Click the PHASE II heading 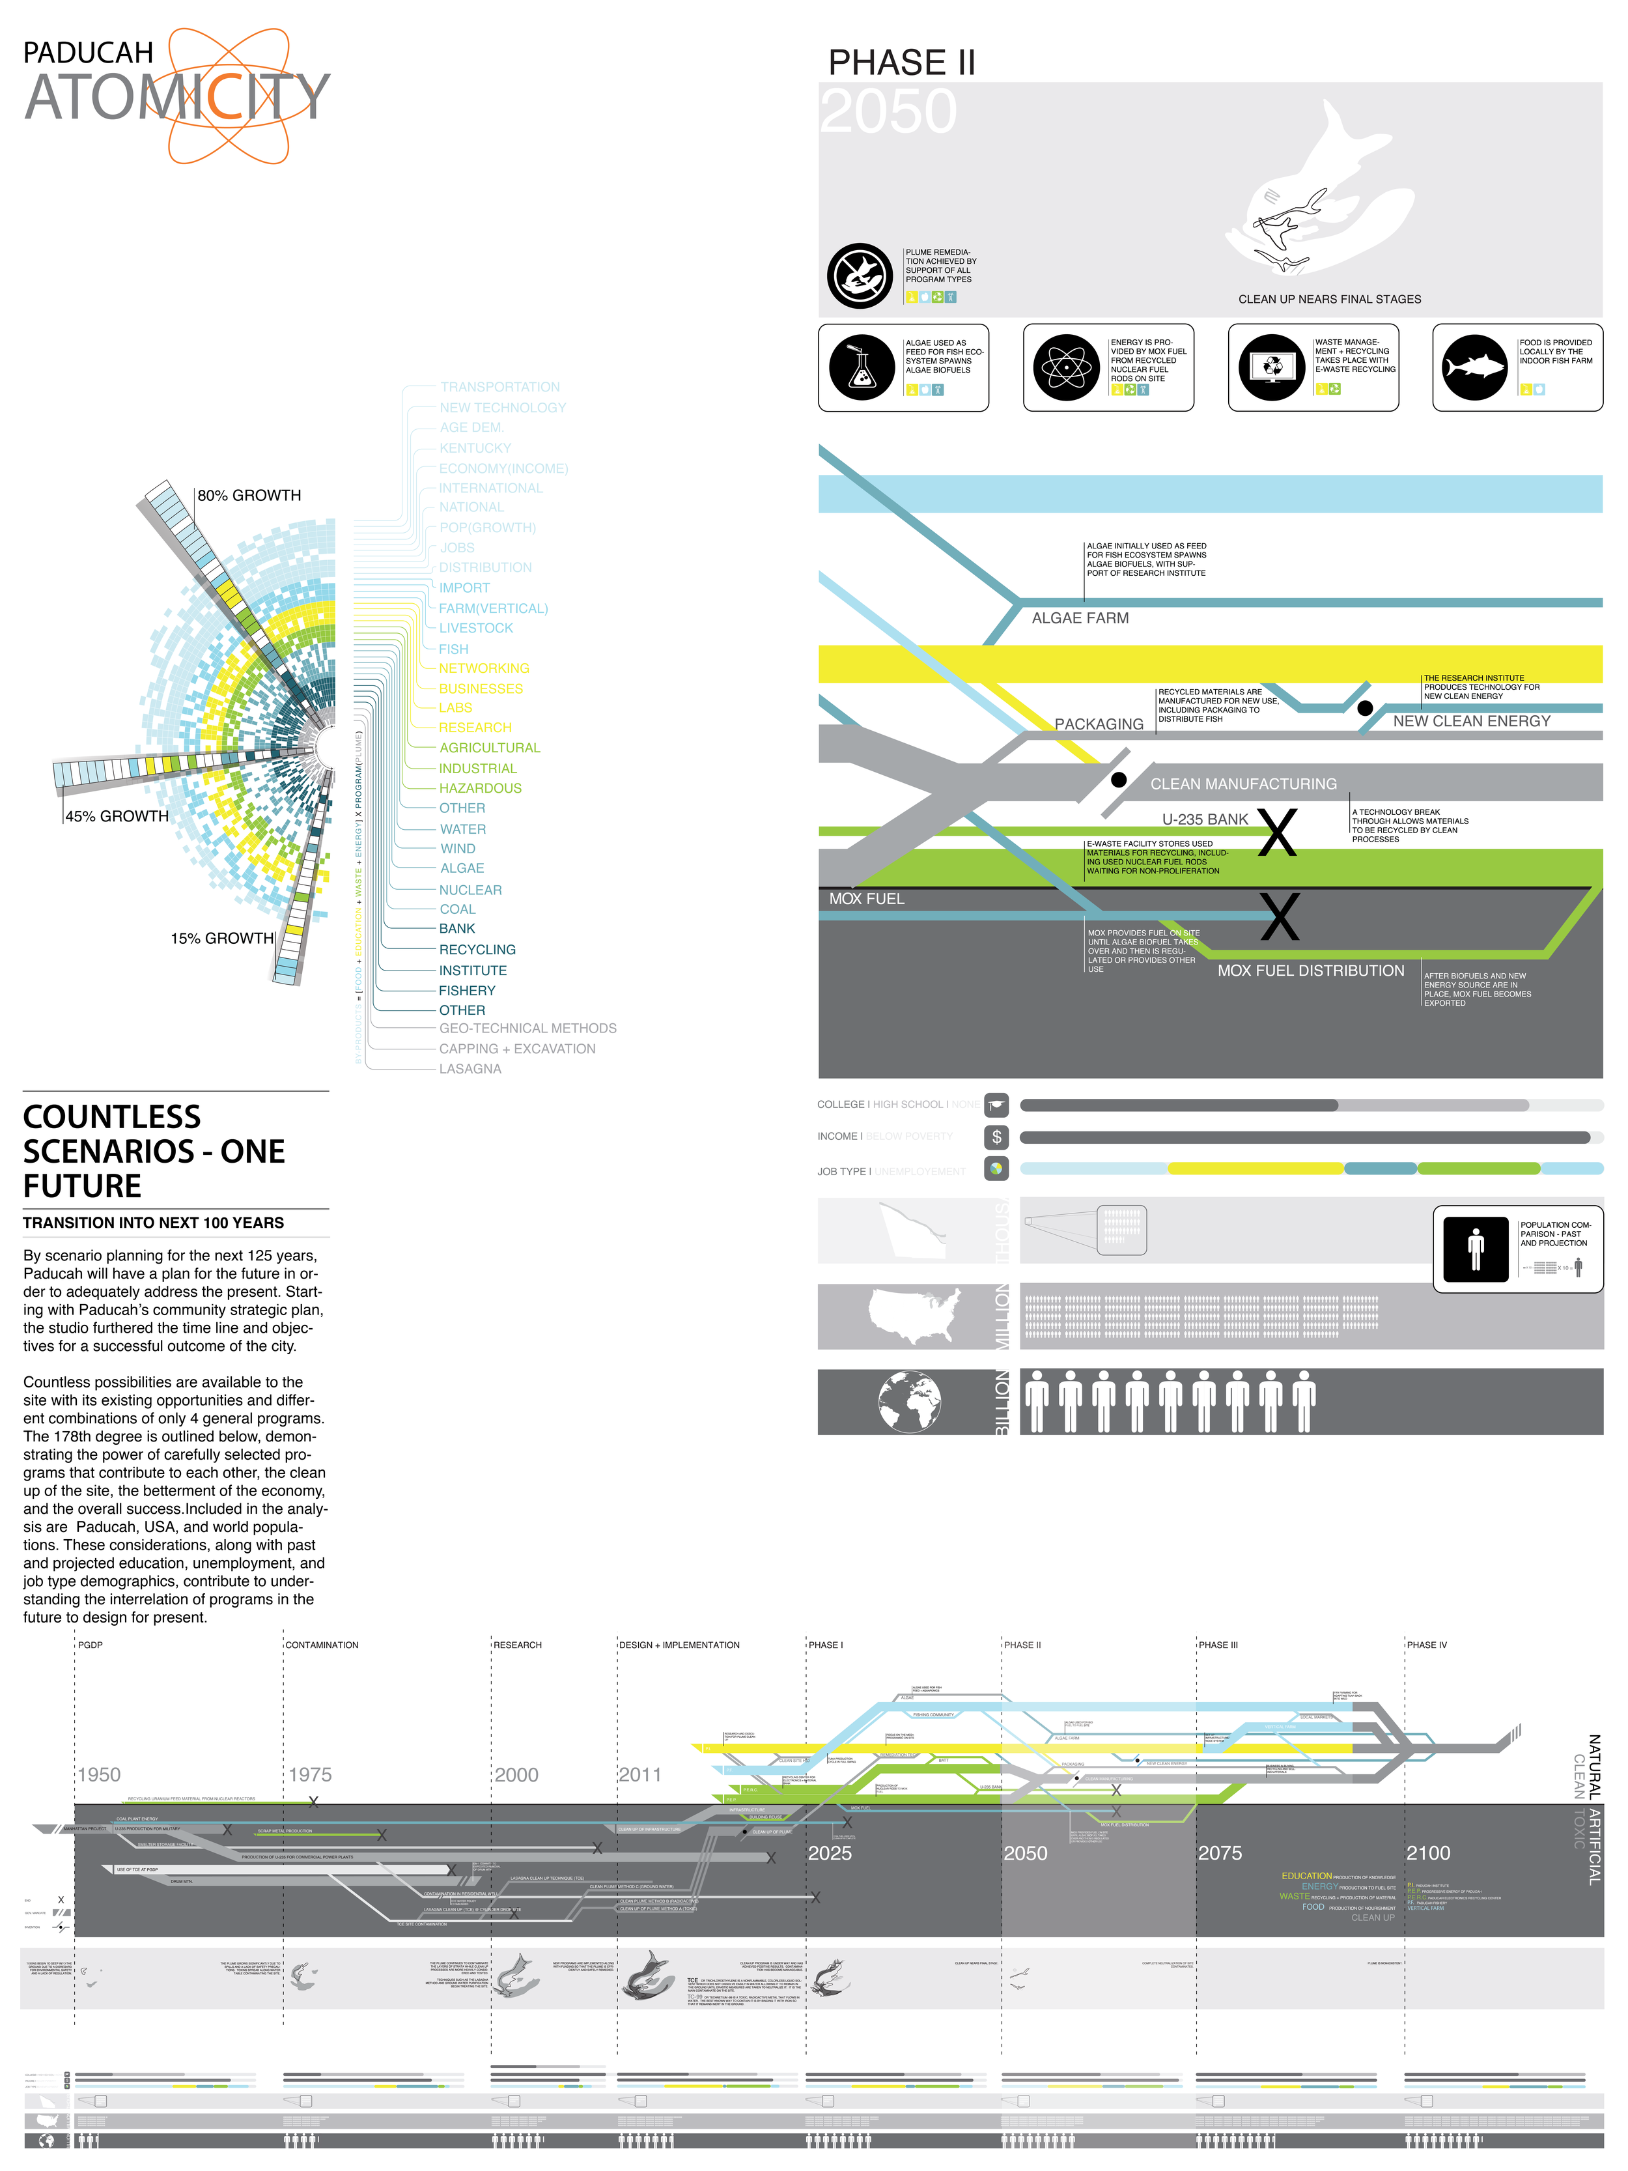(901, 63)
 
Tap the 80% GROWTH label (249, 496)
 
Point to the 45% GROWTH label (117, 817)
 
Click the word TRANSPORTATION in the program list (499, 388)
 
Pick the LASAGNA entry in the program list (470, 1069)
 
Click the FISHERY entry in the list (467, 990)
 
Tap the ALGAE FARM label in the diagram (1080, 618)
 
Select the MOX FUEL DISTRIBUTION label (1310, 971)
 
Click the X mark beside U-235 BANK (1277, 832)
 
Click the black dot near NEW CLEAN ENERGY (1364, 707)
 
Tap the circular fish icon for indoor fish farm (1474, 367)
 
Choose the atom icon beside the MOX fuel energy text (1066, 367)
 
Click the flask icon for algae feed (862, 367)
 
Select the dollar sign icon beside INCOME (996, 1137)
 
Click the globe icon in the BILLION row (910, 1402)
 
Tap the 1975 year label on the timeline (310, 1774)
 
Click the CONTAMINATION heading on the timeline (322, 1645)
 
